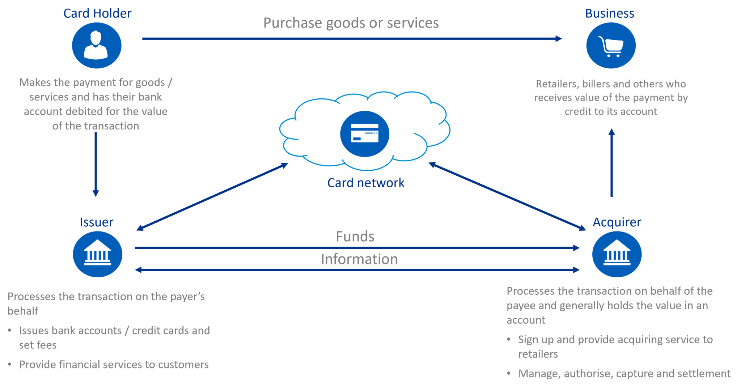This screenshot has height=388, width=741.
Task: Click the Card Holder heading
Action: click(97, 13)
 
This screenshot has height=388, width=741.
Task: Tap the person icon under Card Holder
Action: click(96, 46)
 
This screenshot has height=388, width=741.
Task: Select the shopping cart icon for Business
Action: click(611, 46)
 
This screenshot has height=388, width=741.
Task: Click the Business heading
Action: click(610, 13)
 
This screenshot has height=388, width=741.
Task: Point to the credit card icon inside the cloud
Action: click(365, 133)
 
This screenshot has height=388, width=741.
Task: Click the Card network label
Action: click(366, 183)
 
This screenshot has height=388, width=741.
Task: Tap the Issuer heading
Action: click(96, 222)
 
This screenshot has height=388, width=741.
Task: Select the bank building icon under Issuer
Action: click(98, 254)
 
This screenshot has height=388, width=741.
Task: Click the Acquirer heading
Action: click(617, 222)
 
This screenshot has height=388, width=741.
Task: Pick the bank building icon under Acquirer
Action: click(617, 254)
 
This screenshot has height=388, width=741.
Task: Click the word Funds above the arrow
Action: click(355, 236)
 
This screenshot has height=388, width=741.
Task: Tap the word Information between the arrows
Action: click(359, 259)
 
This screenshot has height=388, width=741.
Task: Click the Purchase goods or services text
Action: click(351, 23)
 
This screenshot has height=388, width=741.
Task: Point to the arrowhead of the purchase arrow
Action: click(559, 38)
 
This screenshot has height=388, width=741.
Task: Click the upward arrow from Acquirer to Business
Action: click(611, 163)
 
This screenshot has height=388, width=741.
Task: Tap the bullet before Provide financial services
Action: click(10, 364)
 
